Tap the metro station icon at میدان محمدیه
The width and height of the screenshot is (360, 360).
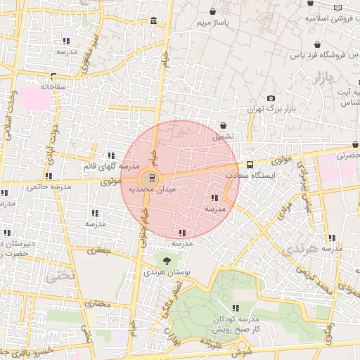[x=149, y=176]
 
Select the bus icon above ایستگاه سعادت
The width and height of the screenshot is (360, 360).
[x=250, y=165]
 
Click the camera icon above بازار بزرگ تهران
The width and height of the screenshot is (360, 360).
[x=271, y=98]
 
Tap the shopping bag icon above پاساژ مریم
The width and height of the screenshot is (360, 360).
[x=213, y=12]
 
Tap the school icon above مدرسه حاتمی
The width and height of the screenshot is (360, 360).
[x=48, y=176]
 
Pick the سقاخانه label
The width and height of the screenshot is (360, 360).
[x=53, y=86]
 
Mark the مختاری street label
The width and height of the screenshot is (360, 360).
[x=99, y=303]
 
